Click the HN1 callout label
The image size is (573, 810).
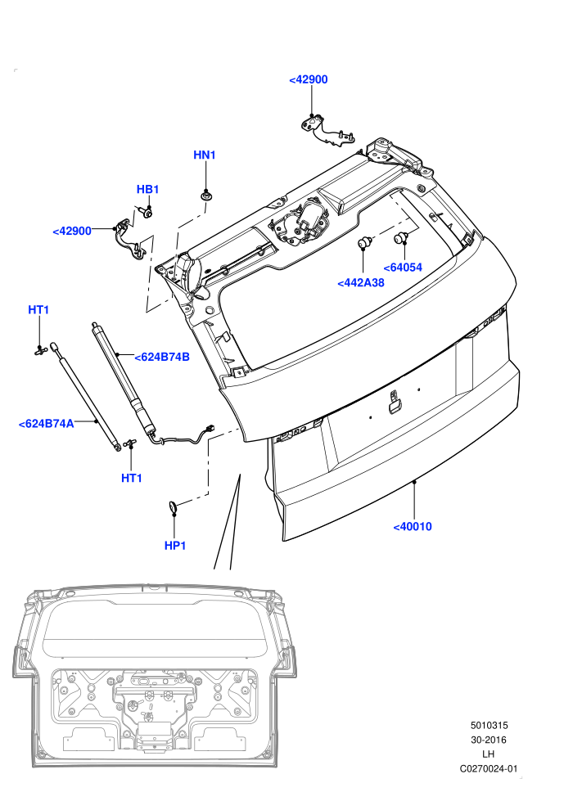204,155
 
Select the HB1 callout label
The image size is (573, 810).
148,189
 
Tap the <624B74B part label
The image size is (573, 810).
162,357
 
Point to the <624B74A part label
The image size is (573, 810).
46,424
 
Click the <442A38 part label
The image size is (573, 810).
361,282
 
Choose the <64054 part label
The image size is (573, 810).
403,267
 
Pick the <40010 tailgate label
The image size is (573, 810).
413,526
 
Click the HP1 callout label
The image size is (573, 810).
174,545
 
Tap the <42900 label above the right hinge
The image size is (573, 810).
308,79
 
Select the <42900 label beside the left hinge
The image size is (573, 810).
72,231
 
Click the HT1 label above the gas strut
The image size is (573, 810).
38,309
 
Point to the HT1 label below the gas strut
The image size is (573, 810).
131,478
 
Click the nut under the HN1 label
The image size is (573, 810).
206,196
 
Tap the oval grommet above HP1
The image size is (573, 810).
173,508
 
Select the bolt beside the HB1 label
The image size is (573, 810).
146,212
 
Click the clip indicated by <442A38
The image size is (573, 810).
365,241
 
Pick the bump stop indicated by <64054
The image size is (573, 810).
401,237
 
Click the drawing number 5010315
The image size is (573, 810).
489,725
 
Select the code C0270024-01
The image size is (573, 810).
488,768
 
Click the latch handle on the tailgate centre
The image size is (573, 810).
395,403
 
